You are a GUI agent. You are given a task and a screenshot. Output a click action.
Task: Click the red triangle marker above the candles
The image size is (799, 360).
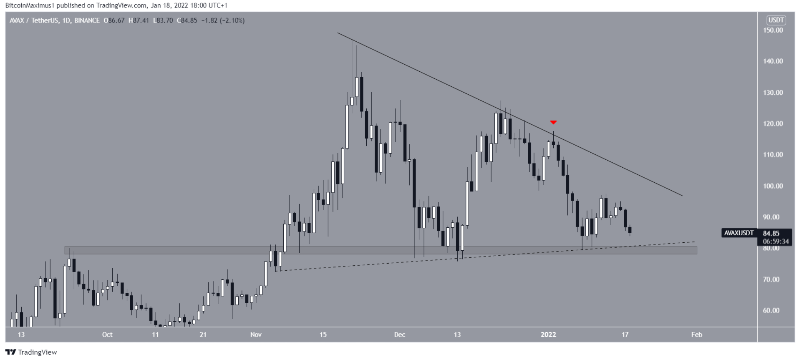tap(553, 122)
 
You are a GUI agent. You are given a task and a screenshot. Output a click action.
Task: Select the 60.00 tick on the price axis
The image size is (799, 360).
tap(771, 310)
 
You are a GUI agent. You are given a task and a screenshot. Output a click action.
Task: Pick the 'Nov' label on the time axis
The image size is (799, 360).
tap(256, 335)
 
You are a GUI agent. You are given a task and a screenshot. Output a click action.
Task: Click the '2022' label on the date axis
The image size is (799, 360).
tap(548, 335)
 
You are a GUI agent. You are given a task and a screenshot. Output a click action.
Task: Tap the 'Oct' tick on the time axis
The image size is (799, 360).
tap(107, 335)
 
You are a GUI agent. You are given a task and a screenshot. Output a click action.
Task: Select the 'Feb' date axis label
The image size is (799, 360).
tap(696, 335)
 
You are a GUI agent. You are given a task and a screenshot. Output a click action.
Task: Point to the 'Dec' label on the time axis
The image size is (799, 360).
tap(400, 335)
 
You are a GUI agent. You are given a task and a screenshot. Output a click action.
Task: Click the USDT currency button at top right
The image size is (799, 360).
tap(776, 20)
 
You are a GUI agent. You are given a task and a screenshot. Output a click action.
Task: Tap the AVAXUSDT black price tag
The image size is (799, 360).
tap(739, 233)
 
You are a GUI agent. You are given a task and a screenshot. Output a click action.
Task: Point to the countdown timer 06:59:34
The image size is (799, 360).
tap(776, 241)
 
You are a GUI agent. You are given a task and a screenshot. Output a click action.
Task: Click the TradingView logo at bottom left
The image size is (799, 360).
tap(31, 352)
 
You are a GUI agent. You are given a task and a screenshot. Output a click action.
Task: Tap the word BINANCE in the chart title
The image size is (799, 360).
tap(87, 20)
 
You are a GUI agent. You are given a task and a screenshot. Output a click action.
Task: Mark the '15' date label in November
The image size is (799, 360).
tap(323, 335)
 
